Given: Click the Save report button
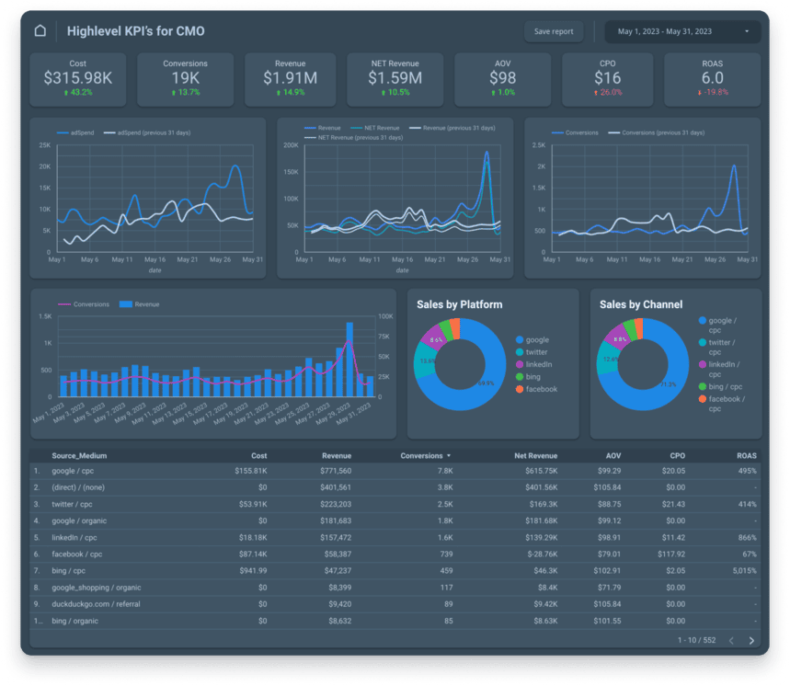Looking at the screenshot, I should pos(554,31).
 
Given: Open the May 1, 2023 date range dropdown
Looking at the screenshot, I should pos(682,31).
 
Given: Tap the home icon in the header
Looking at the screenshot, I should pos(40,31).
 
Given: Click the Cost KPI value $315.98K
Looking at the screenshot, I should pos(78,78).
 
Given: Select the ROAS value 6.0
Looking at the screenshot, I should pos(712,78).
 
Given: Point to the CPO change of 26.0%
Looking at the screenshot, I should pos(608,93).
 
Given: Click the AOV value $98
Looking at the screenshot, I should pos(502,78).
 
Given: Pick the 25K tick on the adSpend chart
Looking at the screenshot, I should pos(44,145).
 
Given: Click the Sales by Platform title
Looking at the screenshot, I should pos(459,304).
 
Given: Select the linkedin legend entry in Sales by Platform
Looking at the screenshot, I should pos(538,364).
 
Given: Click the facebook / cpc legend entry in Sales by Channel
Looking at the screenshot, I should pos(726,404).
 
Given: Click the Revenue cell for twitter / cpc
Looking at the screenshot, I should pos(329,504).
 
